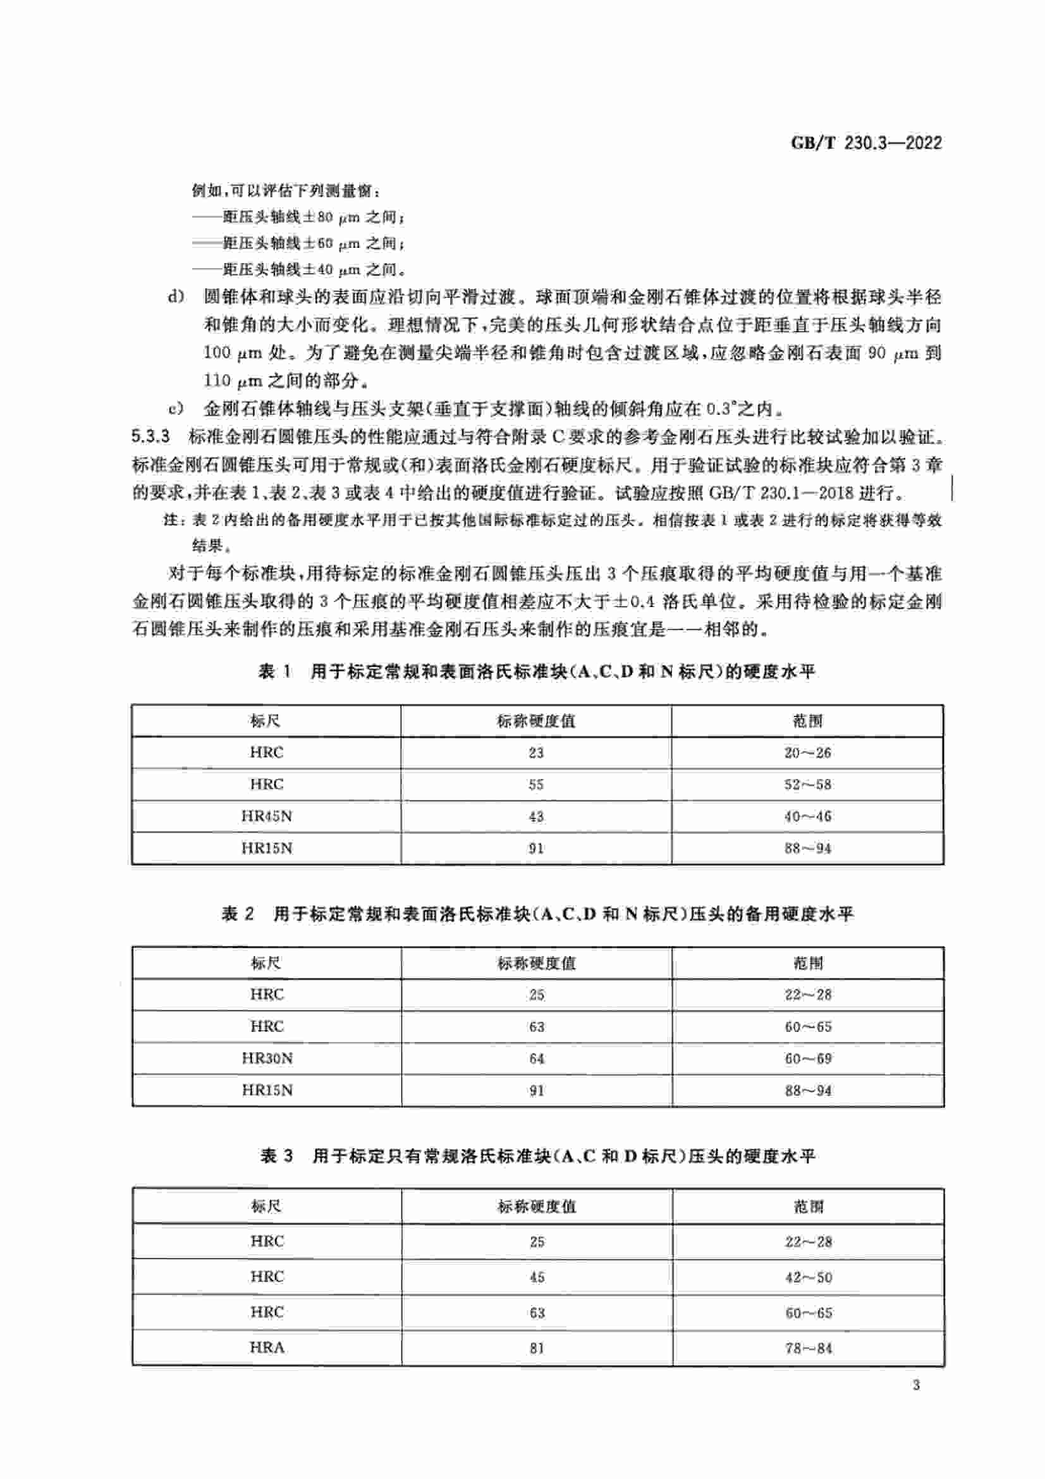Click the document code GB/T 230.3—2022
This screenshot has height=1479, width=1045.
(866, 142)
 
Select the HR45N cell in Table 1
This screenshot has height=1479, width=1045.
(267, 816)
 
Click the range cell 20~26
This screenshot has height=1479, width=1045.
(807, 752)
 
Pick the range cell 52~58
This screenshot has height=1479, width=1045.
(807, 785)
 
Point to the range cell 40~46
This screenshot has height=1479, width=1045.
(807, 816)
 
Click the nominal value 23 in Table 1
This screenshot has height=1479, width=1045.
(535, 752)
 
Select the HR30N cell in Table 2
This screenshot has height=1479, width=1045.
(267, 1059)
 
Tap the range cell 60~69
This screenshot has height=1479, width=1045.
(808, 1059)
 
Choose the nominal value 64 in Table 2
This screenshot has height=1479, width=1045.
(536, 1059)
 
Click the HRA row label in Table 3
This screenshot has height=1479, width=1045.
(267, 1347)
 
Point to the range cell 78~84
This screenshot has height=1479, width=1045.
(808, 1347)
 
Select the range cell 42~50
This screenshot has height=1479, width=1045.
(808, 1277)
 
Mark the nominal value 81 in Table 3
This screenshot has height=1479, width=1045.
(537, 1347)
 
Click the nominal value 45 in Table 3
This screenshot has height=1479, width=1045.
(537, 1277)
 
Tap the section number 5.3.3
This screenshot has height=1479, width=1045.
(150, 437)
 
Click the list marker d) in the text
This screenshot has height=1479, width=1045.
(175, 298)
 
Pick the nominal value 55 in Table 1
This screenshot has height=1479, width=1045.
(535, 785)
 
